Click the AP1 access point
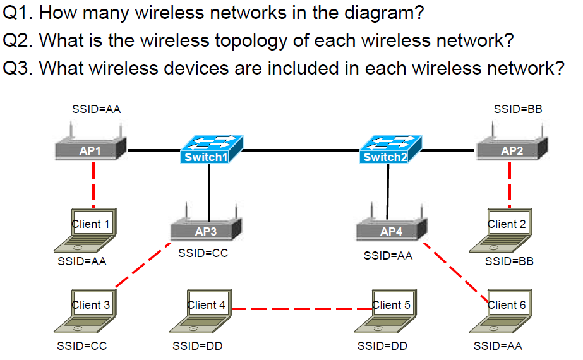pos(90,149)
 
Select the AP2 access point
pos(512,149)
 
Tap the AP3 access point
pos(206,230)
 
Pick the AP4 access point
pos(391,230)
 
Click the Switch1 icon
pos(209,150)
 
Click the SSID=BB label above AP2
pos(517,109)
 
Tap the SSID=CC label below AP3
pos(203,253)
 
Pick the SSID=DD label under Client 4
pos(197,346)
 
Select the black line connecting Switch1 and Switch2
pos(300,150)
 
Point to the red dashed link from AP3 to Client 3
pos(143,265)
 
